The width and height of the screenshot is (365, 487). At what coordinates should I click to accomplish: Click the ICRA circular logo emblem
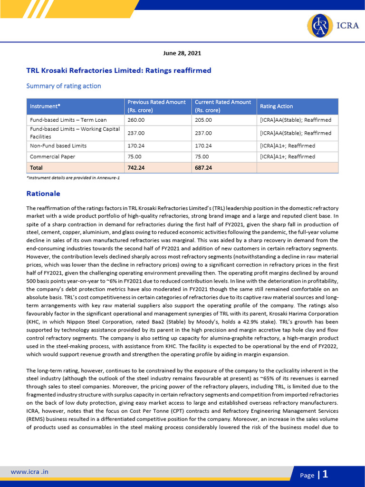320,26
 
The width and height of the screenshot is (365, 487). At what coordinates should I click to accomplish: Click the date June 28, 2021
182,53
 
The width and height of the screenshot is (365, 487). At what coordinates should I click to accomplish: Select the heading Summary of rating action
63,86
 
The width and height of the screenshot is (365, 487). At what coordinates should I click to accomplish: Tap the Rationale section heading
43,194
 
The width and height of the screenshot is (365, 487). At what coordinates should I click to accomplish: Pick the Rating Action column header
276,106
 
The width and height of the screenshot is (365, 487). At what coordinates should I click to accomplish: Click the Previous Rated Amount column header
156,106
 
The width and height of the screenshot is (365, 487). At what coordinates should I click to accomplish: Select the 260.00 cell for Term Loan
135,120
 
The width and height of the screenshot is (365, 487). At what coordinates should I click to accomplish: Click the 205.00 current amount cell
203,120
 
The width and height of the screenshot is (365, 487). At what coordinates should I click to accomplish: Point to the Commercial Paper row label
52,156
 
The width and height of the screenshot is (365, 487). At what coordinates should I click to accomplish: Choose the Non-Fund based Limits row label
58,146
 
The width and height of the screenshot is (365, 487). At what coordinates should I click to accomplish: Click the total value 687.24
203,167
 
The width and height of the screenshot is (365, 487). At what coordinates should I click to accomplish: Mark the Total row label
36,167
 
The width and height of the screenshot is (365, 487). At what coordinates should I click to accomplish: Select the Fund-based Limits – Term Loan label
68,120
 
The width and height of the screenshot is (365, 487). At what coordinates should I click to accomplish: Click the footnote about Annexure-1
73,177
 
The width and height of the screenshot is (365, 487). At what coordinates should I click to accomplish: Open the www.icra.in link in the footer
29,472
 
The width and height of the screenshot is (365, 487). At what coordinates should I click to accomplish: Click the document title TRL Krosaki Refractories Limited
119,70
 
